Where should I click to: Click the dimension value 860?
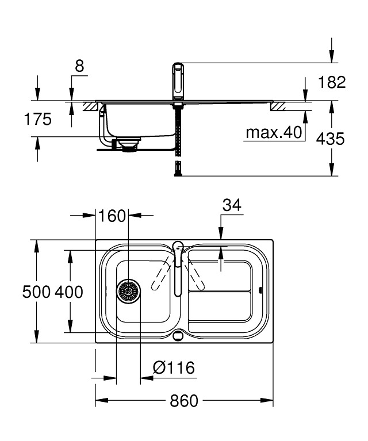(x=184, y=401)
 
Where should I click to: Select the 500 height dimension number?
(x=36, y=292)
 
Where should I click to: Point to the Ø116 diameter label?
(x=174, y=367)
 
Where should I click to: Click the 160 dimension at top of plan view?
(x=112, y=216)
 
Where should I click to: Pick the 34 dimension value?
(x=231, y=205)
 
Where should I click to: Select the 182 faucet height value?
(x=332, y=82)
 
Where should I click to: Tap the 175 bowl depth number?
(x=37, y=120)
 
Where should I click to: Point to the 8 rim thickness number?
(x=79, y=66)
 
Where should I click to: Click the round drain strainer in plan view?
(x=128, y=292)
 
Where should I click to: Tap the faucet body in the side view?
(x=178, y=82)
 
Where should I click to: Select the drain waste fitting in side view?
(x=128, y=144)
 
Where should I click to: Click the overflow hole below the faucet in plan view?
(x=178, y=335)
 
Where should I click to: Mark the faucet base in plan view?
(x=178, y=247)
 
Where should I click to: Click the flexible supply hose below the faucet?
(x=178, y=138)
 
